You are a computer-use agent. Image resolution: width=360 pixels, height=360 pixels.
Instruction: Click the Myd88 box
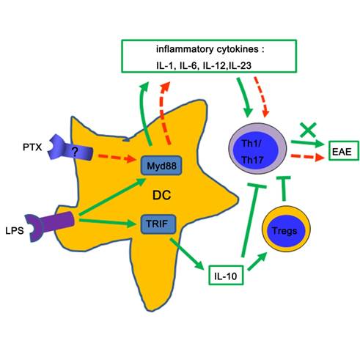pos(161,166)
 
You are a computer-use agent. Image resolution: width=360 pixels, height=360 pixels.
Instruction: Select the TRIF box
pos(158,224)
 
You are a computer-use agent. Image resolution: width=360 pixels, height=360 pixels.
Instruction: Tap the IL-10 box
pos(226,275)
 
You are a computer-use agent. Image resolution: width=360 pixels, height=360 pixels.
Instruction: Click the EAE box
pos(344,151)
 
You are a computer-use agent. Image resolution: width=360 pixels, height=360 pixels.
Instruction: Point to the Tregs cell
pos(286,229)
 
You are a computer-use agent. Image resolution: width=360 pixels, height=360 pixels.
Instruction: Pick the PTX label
pos(32,147)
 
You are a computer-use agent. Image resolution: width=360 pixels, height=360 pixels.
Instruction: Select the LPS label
pos(15,231)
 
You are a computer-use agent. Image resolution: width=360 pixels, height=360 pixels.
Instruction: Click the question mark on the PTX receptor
pos(75,152)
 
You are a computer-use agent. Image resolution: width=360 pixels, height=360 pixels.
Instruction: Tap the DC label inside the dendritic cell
pos(161,195)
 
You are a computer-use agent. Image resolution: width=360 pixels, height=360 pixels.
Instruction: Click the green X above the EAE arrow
pos(308,130)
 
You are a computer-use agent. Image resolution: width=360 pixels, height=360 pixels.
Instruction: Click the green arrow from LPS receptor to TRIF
pos(108,222)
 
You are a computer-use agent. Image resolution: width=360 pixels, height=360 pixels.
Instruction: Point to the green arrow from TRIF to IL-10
pos(187,254)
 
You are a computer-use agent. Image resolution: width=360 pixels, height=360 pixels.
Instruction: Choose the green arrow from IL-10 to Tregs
pos(257,262)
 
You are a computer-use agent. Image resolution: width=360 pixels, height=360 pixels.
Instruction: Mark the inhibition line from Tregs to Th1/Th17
pos(284,188)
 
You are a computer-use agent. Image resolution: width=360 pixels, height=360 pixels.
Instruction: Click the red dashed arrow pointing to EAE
pos(307,157)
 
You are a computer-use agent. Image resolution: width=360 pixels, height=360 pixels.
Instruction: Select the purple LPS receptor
pos(50,226)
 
